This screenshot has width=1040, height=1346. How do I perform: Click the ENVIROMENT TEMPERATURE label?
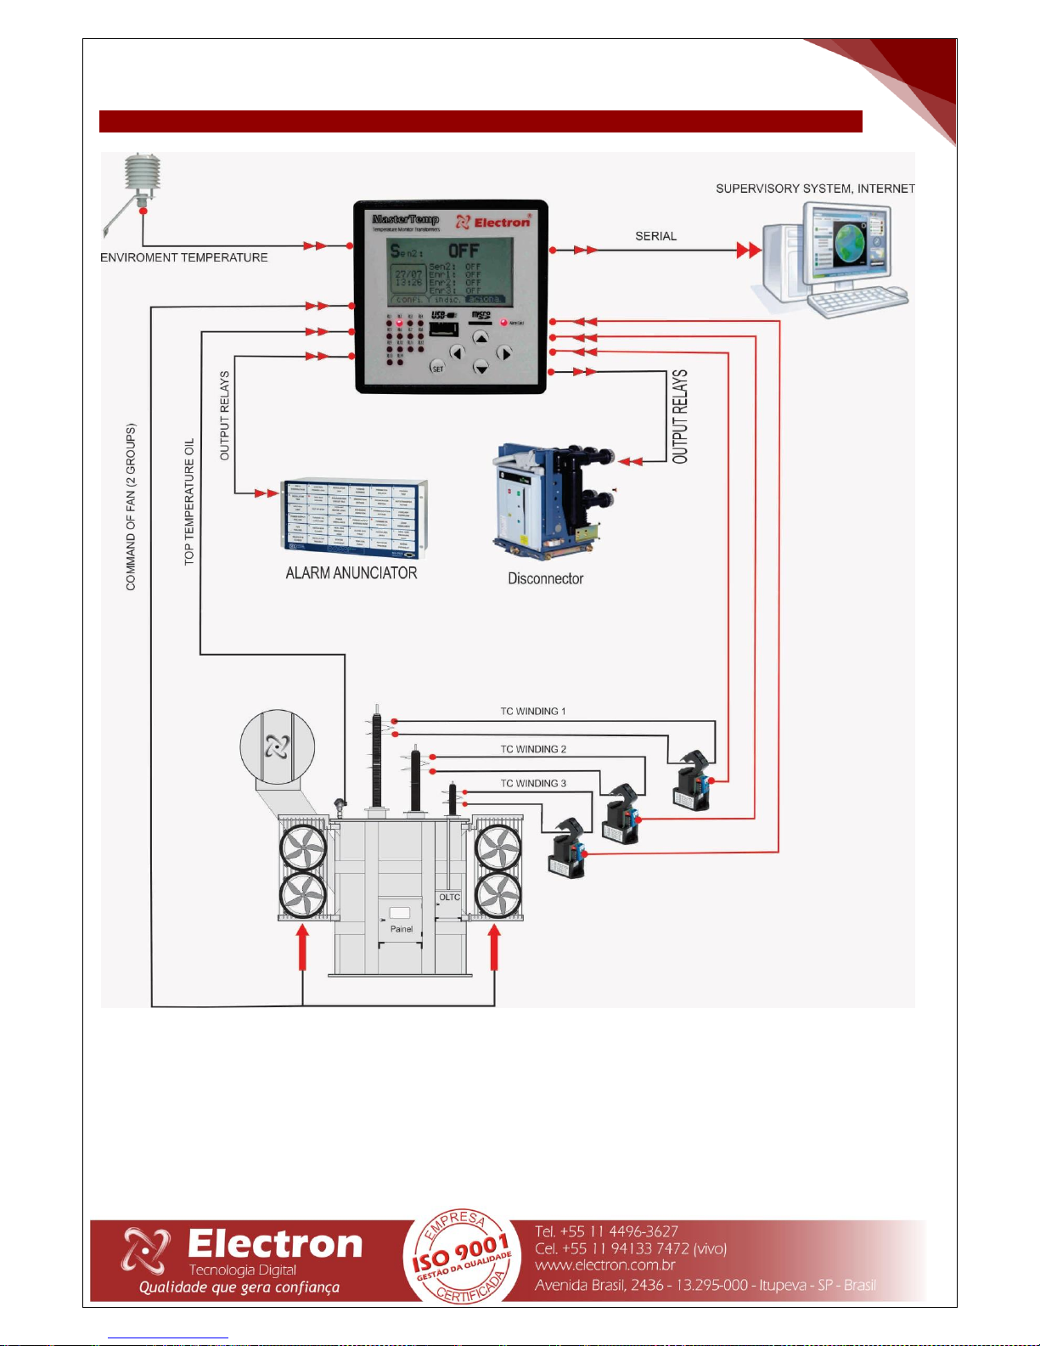tap(184, 257)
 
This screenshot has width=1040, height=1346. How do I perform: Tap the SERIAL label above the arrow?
tap(655, 236)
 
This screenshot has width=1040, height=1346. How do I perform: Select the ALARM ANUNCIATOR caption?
tap(351, 573)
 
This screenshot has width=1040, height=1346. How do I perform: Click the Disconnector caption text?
tap(545, 578)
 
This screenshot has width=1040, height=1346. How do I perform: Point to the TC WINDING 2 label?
tap(533, 749)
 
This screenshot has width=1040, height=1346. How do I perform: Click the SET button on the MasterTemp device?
tap(438, 368)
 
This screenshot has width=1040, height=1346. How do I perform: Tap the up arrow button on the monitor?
tap(481, 338)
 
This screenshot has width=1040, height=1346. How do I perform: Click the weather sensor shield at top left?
tap(143, 173)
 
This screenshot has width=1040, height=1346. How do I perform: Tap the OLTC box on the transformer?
tap(449, 898)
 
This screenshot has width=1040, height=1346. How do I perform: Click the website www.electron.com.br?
tap(604, 1265)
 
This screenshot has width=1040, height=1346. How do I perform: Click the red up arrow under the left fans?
tap(302, 946)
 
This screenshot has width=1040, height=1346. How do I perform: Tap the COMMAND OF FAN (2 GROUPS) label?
tap(131, 507)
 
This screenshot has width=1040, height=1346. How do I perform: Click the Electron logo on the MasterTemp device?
tap(494, 222)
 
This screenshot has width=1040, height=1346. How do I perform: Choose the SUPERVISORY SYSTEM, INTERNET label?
tap(815, 189)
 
